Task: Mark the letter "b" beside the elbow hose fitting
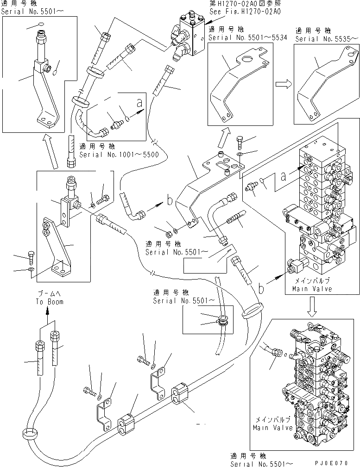pyautogui.click(x=170, y=201)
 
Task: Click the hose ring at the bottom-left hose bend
pyautogui.click(x=30, y=435)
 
